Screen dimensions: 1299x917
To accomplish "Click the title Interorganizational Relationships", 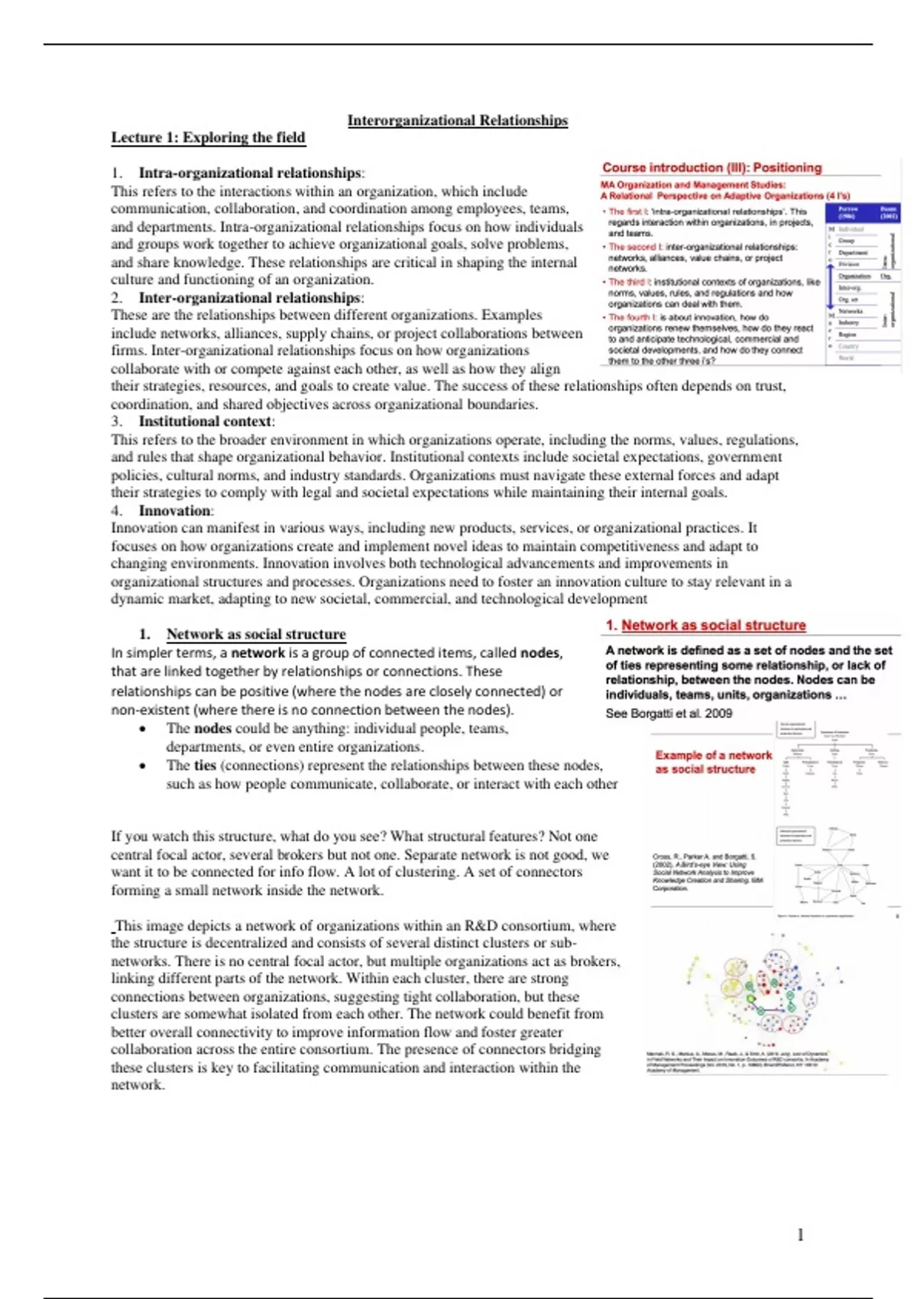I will (457, 121).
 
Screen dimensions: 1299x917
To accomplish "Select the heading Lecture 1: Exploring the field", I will (208, 138).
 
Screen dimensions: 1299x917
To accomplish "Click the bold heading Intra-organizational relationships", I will (249, 173).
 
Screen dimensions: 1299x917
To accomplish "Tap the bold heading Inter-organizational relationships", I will (249, 298).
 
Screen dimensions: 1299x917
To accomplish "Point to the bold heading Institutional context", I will (205, 422).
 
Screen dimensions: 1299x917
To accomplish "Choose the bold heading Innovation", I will (175, 511).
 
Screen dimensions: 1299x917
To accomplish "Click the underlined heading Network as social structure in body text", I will (256, 634).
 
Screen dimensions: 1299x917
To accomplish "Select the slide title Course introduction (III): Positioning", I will (711, 168).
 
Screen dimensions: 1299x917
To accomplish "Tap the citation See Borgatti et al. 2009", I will (669, 714).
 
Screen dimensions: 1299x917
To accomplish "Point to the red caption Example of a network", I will (713, 756).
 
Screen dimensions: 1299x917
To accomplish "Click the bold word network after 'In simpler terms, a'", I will (258, 653).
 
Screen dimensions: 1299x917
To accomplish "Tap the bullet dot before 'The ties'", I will (143, 766).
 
